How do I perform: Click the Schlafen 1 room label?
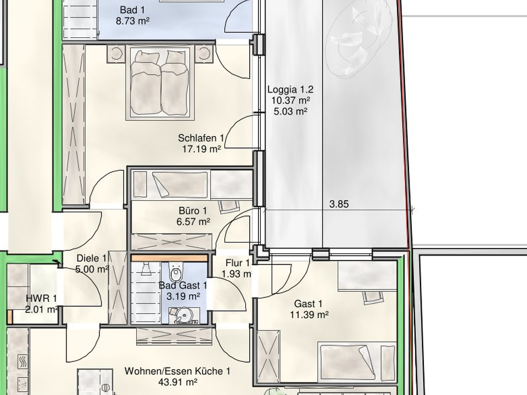tap(201, 138)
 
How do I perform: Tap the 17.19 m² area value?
tap(201, 149)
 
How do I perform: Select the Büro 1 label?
tap(193, 211)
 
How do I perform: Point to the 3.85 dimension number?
tap(339, 204)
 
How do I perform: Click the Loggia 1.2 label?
tap(290, 89)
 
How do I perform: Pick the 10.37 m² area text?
tap(290, 100)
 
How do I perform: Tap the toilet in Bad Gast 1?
tap(176, 273)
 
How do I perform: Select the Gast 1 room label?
tap(308, 304)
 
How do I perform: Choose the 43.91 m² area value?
tap(177, 382)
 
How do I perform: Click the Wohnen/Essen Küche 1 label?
tap(177, 371)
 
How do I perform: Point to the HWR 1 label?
tap(41, 298)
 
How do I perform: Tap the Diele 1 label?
tap(92, 258)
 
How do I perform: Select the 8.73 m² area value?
tap(132, 21)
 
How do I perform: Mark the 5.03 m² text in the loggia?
tap(290, 111)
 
